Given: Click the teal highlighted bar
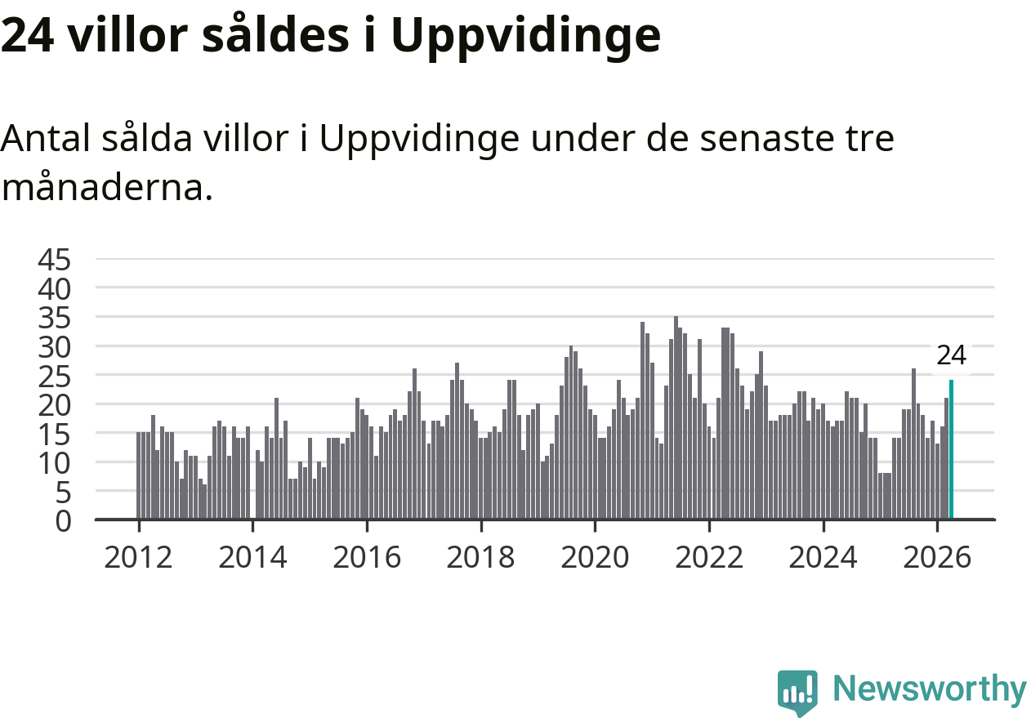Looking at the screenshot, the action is click(x=952, y=450).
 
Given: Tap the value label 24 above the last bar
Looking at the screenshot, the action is click(x=952, y=355).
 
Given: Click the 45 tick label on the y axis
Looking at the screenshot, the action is click(x=54, y=260).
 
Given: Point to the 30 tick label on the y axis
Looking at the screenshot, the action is click(x=54, y=347).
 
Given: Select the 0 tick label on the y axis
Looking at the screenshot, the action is click(x=64, y=522).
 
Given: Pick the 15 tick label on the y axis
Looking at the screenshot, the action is click(x=54, y=435).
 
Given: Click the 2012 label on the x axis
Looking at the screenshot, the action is click(x=139, y=558).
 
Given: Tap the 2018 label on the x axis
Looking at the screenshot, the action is click(x=481, y=558).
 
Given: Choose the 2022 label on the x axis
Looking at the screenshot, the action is click(x=709, y=558).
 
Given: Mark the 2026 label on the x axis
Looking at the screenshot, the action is click(x=938, y=558).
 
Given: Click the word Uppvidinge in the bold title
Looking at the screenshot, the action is click(x=526, y=37).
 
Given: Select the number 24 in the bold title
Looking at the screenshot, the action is click(x=28, y=36).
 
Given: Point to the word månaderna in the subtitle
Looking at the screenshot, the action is click(x=107, y=186).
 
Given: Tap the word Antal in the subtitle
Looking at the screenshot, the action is click(x=46, y=137).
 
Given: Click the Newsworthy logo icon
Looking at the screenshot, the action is click(x=797, y=693).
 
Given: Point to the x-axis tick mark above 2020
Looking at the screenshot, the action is click(x=595, y=526).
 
